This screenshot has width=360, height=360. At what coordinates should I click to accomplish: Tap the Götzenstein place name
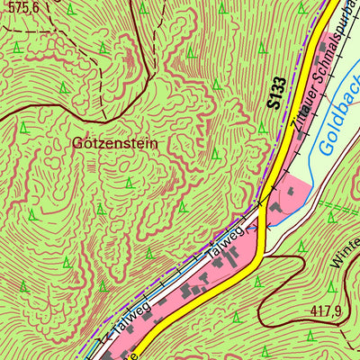coord(114,143)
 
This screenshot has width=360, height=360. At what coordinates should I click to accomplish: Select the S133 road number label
coord(277,94)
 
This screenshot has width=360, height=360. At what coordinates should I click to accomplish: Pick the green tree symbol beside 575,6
coord(70,9)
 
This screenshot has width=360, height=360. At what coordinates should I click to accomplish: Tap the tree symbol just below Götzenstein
coord(130,183)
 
